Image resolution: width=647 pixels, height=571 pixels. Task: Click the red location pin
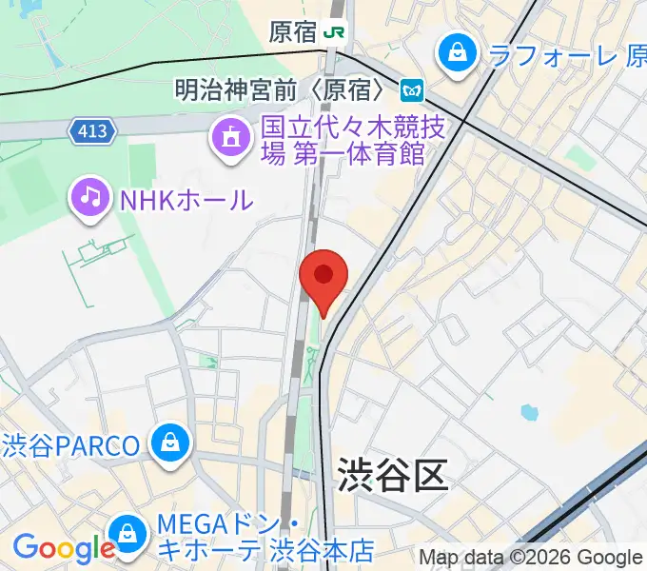[323, 277]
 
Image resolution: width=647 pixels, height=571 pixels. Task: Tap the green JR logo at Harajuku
[334, 31]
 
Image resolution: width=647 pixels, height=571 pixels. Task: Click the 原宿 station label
[293, 31]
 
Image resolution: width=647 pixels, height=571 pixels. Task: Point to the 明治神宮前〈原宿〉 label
[284, 90]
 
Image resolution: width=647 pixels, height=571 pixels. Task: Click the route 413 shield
[92, 130]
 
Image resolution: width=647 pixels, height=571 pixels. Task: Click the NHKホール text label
[186, 199]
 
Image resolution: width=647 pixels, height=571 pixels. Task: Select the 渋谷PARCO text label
[72, 444]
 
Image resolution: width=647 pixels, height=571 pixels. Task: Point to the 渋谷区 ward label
[392, 476]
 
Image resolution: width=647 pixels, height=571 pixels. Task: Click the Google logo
[63, 548]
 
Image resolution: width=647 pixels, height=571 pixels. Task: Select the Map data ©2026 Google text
[531, 558]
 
